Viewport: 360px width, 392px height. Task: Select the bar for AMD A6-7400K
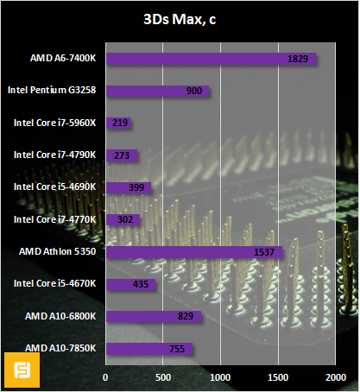pyautogui.click(x=211, y=59)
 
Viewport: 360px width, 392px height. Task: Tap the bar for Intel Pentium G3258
pyautogui.click(x=157, y=91)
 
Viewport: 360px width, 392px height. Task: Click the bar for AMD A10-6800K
pyautogui.click(x=154, y=317)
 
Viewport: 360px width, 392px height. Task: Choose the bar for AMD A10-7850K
pyautogui.click(x=149, y=349)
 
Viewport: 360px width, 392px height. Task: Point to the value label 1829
pyautogui.click(x=299, y=59)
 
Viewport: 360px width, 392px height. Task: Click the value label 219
pyautogui.click(x=120, y=123)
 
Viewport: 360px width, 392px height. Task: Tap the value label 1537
pyautogui.click(x=266, y=252)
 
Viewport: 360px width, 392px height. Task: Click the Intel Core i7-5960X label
pyautogui.click(x=55, y=123)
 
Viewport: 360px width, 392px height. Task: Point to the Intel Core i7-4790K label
pyautogui.click(x=55, y=155)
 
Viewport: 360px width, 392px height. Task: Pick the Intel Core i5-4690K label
pyautogui.click(x=55, y=187)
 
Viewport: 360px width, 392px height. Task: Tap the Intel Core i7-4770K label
pyautogui.click(x=55, y=220)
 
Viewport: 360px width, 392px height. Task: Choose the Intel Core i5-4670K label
pyautogui.click(x=55, y=284)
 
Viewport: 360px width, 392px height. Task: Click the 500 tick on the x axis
pyautogui.click(x=163, y=377)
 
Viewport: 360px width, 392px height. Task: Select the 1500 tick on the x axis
pyautogui.click(x=278, y=377)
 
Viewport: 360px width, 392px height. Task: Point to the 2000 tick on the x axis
pyautogui.click(x=335, y=377)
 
